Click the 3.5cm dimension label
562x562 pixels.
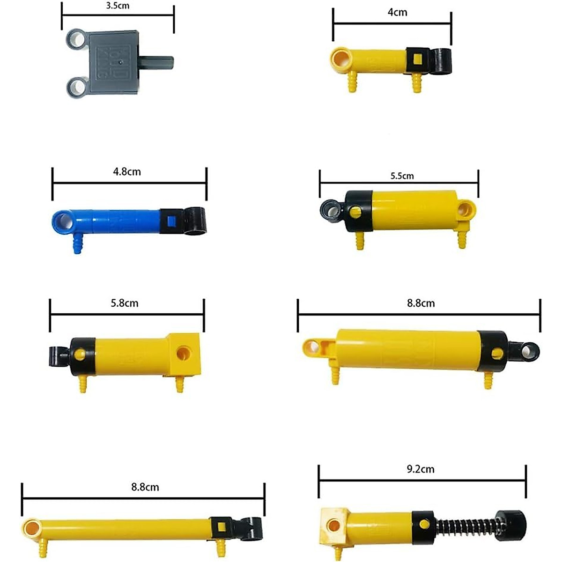point(118,6)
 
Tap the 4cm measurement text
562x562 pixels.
point(397,13)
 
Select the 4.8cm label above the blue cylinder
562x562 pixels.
point(127,172)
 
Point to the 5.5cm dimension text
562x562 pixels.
point(402,176)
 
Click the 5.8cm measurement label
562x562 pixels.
point(125,303)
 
